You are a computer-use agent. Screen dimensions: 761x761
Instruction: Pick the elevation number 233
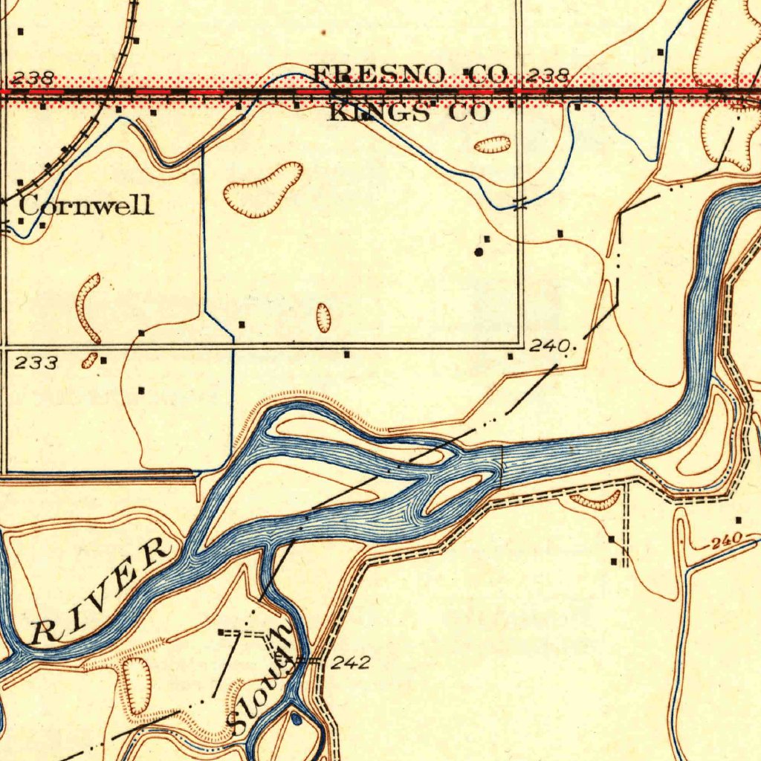click(36, 363)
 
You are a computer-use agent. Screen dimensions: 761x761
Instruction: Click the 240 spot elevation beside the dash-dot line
click(549, 346)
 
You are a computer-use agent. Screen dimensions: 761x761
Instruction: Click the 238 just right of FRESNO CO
click(548, 75)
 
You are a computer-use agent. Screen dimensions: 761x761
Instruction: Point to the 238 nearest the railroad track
click(33, 77)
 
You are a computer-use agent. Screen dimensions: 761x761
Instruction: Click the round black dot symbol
click(479, 252)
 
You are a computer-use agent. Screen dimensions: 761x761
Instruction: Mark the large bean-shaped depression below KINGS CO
click(263, 190)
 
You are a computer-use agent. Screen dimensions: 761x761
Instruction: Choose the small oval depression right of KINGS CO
click(493, 144)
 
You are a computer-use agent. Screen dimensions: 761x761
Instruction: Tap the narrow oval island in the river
click(453, 495)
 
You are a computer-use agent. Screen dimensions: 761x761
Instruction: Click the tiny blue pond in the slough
click(297, 719)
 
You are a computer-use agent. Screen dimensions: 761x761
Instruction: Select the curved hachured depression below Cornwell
click(87, 308)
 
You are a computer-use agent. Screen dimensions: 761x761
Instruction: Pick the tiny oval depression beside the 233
click(89, 360)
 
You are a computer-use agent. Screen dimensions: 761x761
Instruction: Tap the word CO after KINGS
click(469, 113)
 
